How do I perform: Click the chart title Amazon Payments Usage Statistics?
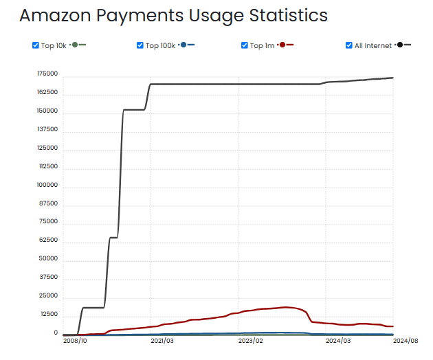[173, 15]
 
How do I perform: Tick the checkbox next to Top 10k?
[36, 45]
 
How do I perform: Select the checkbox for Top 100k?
[140, 45]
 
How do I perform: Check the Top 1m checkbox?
[245, 45]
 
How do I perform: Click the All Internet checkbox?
[349, 45]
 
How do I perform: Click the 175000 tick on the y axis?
[47, 74]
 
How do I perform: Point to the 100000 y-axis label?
[47, 185]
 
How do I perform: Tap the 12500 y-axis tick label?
[49, 314]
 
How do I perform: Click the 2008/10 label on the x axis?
[74, 340]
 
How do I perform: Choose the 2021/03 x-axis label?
[162, 340]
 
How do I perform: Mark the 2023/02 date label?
[250, 340]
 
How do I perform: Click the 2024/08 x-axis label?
[406, 340]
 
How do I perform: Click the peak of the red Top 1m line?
[286, 307]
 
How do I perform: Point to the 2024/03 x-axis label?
[338, 340]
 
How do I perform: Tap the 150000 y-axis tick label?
[47, 111]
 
